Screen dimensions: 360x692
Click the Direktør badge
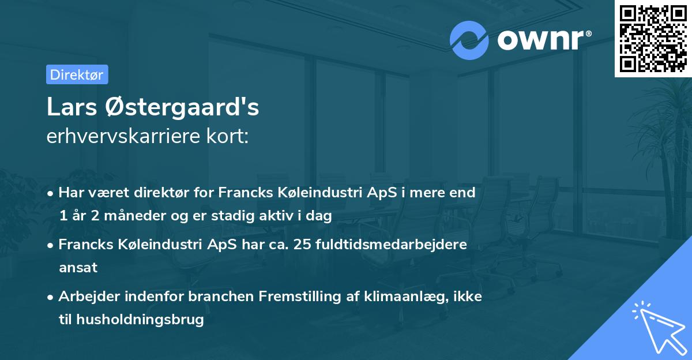pos(77,74)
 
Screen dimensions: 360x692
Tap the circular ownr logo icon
pos(469,40)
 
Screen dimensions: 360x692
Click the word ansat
pos(78,268)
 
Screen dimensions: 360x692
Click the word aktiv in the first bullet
pos(275,216)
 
